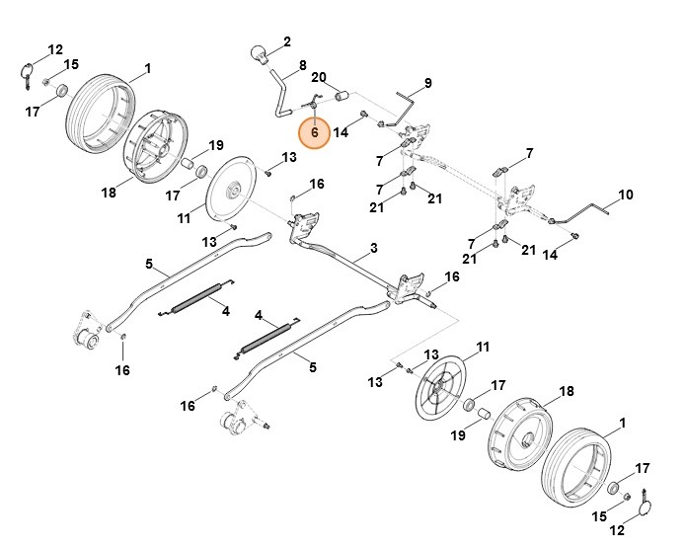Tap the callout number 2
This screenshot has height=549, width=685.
pos(287,41)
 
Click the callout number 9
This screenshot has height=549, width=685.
pos(428,82)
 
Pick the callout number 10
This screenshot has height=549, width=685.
pos(625,194)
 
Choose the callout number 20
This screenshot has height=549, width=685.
pos(319,77)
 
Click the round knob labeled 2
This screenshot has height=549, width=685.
pos(261,53)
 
